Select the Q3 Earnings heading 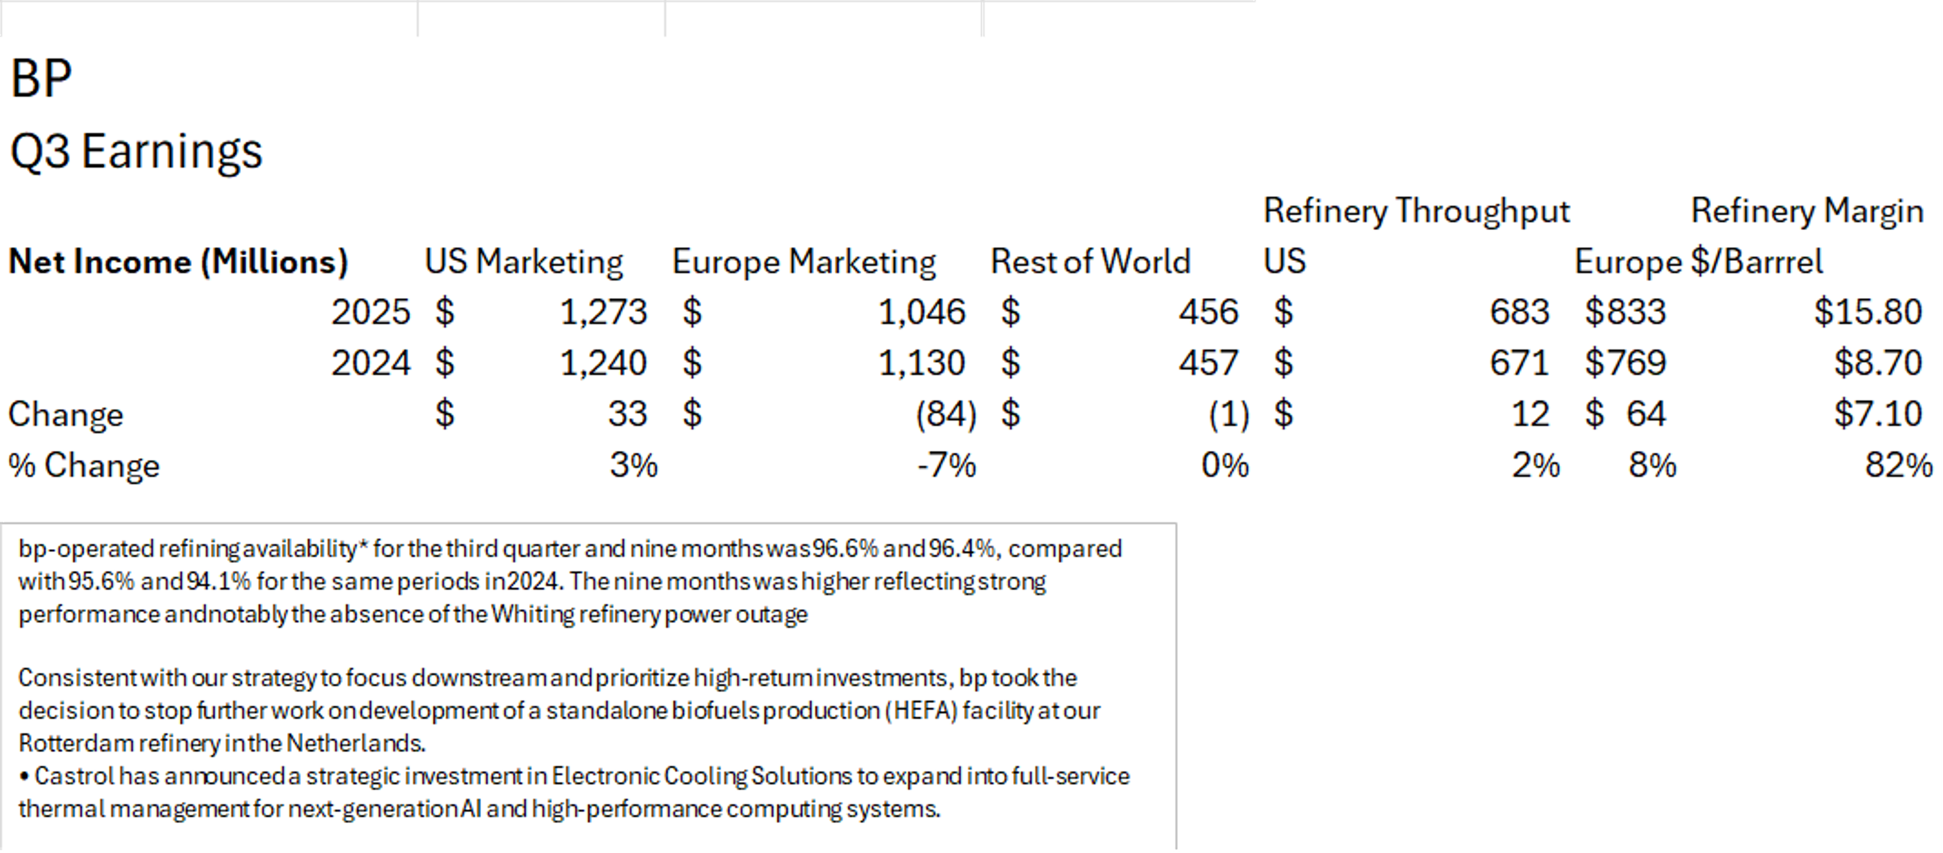pyautogui.click(x=136, y=151)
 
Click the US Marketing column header pyautogui.click(x=524, y=262)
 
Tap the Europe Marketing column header pyautogui.click(x=804, y=262)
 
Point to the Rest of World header pyautogui.click(x=1090, y=262)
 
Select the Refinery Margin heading pyautogui.click(x=1806, y=210)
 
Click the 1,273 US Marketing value pyautogui.click(x=604, y=312)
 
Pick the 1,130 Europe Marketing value pyautogui.click(x=922, y=363)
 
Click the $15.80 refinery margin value pyautogui.click(x=1868, y=312)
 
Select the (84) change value pyautogui.click(x=946, y=414)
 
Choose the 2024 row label pyautogui.click(x=370, y=363)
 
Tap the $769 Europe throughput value pyautogui.click(x=1625, y=363)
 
